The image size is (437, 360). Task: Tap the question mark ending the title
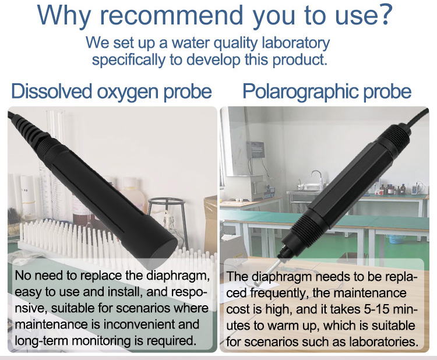tap(383, 15)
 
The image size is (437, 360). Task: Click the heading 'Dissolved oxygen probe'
tap(111, 91)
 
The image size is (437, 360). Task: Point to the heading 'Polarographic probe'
tap(327, 91)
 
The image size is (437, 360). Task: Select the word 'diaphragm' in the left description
tap(178, 276)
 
